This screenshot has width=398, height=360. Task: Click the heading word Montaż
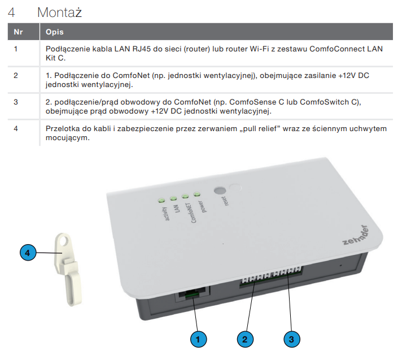[x=59, y=12]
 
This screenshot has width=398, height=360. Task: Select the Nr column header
[x=18, y=32]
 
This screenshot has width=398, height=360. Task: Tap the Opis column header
[x=55, y=32]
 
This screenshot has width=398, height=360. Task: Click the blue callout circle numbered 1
[x=199, y=339]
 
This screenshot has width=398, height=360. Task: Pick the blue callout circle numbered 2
[x=245, y=339]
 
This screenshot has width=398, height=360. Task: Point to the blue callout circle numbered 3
[x=292, y=339]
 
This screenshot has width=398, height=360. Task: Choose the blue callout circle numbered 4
[x=28, y=253]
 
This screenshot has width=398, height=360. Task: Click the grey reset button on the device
[x=220, y=190]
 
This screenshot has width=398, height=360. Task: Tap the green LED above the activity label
[x=161, y=201]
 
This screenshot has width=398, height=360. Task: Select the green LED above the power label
[x=197, y=194]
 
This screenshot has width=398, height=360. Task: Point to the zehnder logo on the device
[x=356, y=235]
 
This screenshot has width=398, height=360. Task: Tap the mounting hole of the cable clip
[x=64, y=240]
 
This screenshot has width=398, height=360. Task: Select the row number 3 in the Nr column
[x=16, y=102]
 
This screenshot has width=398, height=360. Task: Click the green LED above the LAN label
[x=173, y=198]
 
